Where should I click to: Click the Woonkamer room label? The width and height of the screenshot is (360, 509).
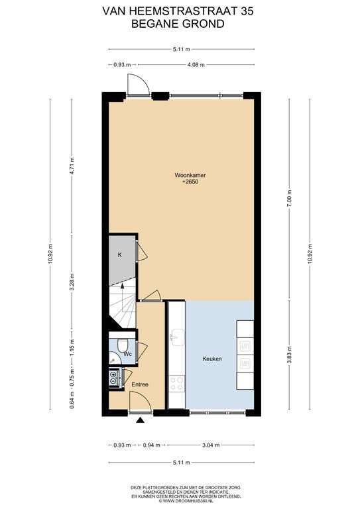point(190,175)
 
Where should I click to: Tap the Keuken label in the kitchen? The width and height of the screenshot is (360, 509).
point(212,359)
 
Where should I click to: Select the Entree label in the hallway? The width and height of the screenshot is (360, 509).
point(140,384)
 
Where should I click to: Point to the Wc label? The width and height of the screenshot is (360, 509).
point(128,354)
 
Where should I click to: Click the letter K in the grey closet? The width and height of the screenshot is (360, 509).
point(119,254)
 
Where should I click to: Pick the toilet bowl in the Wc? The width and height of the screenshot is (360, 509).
point(123,345)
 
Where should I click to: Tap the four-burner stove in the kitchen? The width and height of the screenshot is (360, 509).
point(177,384)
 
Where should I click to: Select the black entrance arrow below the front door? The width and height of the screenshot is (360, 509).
point(141,420)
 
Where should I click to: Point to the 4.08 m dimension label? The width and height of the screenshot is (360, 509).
point(196,64)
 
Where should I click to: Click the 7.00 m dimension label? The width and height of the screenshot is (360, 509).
point(290,198)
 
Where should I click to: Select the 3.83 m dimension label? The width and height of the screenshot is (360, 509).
point(290,355)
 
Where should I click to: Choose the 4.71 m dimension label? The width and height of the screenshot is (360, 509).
point(72,166)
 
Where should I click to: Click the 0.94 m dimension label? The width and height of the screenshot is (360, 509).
point(152,445)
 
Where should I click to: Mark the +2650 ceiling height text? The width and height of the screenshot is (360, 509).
point(190,182)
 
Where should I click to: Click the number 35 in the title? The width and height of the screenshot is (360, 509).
point(247,11)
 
